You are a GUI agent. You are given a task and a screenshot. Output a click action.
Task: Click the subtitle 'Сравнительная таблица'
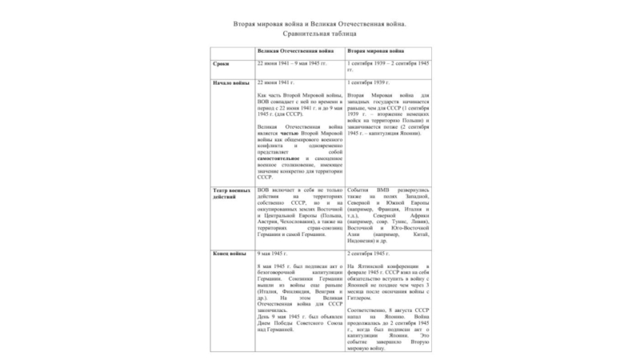click(319, 35)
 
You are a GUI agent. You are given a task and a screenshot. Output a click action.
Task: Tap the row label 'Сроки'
click(222, 63)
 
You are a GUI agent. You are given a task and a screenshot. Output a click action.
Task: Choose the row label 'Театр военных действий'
click(230, 194)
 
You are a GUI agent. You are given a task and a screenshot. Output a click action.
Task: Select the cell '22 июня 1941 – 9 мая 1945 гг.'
click(291, 62)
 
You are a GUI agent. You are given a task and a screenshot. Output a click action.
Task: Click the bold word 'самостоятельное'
click(278, 158)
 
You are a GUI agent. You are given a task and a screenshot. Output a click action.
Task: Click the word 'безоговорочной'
click(282, 271)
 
